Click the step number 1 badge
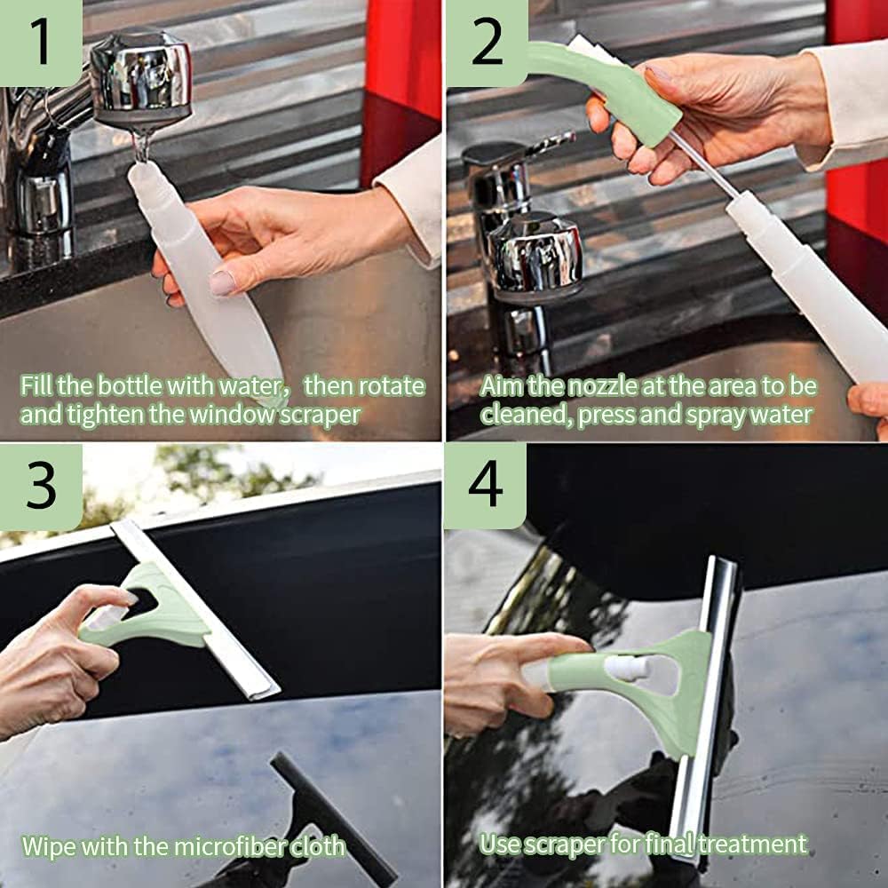41,43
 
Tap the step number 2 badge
486,43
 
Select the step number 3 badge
41,487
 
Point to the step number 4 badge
486,486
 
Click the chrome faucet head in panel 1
141,78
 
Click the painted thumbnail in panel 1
222,282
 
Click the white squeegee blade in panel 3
195,609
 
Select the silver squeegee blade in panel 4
705,708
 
